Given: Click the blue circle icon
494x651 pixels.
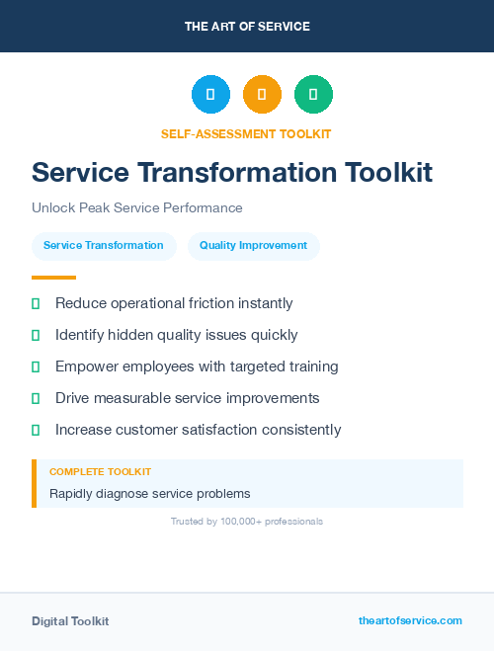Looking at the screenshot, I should pos(210,94).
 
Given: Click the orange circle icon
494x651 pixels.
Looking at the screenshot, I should pos(262,94).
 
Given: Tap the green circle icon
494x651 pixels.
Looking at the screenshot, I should pos(313,94).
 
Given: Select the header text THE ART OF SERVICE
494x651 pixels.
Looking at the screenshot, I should pos(247,27).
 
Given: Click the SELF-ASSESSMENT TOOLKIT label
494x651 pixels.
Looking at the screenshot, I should pos(246,133).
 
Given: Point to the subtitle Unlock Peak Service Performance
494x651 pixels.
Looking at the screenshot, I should pos(136,208).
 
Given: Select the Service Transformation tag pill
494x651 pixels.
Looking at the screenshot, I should pos(104,246).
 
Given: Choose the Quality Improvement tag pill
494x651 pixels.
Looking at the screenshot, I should pos(253,246).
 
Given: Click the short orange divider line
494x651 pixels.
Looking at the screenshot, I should pos(53,278).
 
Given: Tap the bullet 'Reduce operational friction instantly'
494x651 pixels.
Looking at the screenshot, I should pos(174,303).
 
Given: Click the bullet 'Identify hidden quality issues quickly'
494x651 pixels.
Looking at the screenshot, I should pos(176,335).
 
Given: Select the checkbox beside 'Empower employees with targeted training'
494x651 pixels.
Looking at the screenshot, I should pos(36,366).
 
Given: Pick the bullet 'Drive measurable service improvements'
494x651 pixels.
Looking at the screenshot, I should pos(187,398).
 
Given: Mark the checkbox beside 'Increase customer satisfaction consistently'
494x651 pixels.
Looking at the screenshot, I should pos(36,430).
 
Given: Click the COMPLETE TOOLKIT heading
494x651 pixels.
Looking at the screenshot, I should pos(100,472).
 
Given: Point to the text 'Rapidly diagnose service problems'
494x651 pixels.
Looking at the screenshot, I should pos(150,493).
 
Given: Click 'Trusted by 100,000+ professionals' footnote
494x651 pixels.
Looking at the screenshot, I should pos(247,521).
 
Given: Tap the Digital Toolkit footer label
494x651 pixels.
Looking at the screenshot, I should pos(70,621).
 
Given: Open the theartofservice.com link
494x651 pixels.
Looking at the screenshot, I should pos(410,620).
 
